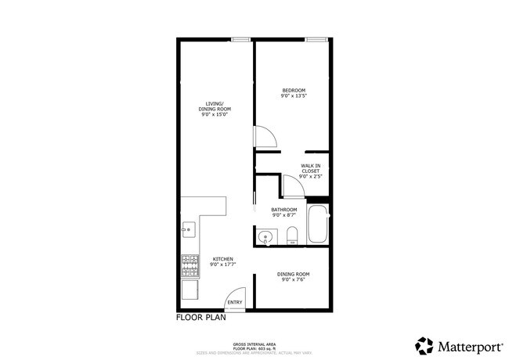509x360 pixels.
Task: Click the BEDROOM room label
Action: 294,90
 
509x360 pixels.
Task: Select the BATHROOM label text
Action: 284,209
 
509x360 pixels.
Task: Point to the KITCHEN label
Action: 222,258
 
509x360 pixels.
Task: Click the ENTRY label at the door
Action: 234,302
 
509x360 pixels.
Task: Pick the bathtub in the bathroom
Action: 317,226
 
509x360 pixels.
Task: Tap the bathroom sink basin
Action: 265,237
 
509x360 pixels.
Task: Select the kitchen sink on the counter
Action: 188,230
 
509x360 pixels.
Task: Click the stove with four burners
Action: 190,265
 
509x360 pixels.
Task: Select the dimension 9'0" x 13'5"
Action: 294,96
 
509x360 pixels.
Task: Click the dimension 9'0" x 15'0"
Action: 215,114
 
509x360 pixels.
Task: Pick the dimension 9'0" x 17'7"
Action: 222,265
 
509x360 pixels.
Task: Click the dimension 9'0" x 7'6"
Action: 294,279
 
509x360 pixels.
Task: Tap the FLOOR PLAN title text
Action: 200,319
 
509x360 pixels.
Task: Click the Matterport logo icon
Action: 424,345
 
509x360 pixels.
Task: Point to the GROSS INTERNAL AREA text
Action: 254,344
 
